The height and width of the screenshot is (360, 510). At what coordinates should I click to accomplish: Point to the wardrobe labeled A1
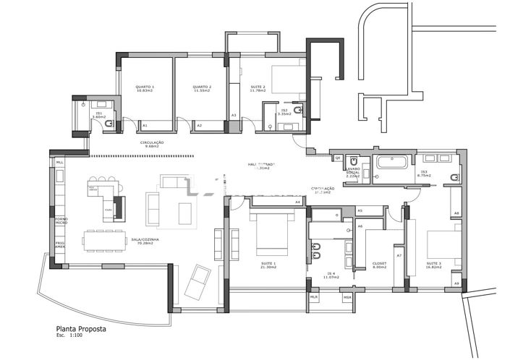click(x=145, y=126)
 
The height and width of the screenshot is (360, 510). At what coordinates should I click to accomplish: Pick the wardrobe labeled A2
click(x=200, y=126)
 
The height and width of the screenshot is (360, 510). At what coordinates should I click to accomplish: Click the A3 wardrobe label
click(x=234, y=116)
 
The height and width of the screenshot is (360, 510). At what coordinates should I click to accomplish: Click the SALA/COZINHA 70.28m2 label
click(x=145, y=241)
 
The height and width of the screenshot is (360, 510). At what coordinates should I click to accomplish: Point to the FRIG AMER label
click(x=60, y=245)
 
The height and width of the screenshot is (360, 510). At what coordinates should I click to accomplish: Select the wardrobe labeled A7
click(x=399, y=256)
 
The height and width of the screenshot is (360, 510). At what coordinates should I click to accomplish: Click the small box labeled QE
click(x=338, y=158)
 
